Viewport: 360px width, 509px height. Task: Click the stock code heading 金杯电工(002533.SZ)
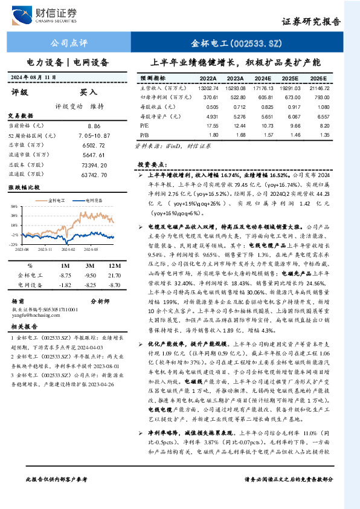(237, 43)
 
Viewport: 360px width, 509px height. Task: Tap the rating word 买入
(89, 92)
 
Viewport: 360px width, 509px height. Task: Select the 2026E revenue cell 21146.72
(319, 88)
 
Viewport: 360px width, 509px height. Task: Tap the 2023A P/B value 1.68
(235, 134)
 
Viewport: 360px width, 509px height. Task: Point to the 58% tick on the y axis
(13, 206)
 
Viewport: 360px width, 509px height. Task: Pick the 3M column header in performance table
(89, 266)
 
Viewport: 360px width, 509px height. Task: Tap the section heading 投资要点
(151, 164)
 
